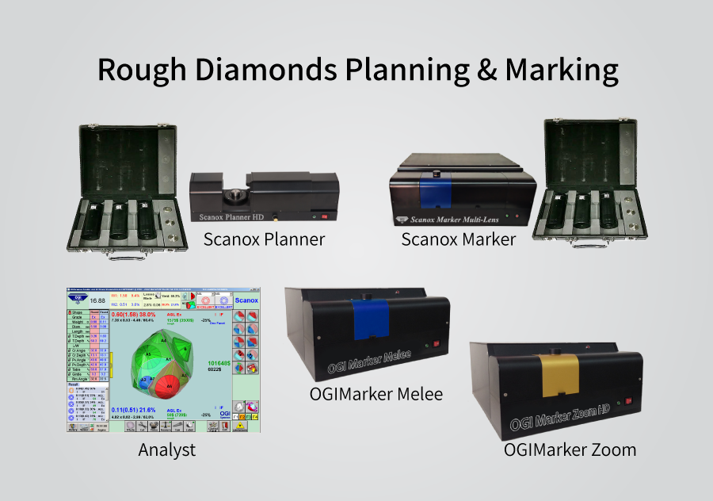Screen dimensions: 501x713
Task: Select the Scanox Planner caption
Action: [x=264, y=239]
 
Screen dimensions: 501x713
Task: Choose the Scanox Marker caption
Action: [x=458, y=239]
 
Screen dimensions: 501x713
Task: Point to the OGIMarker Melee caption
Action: [x=376, y=394]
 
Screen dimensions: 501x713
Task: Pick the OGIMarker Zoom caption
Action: [x=570, y=449]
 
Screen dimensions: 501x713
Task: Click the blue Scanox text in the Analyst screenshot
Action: [x=246, y=300]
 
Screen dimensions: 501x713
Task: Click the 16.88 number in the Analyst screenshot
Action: [x=97, y=301]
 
